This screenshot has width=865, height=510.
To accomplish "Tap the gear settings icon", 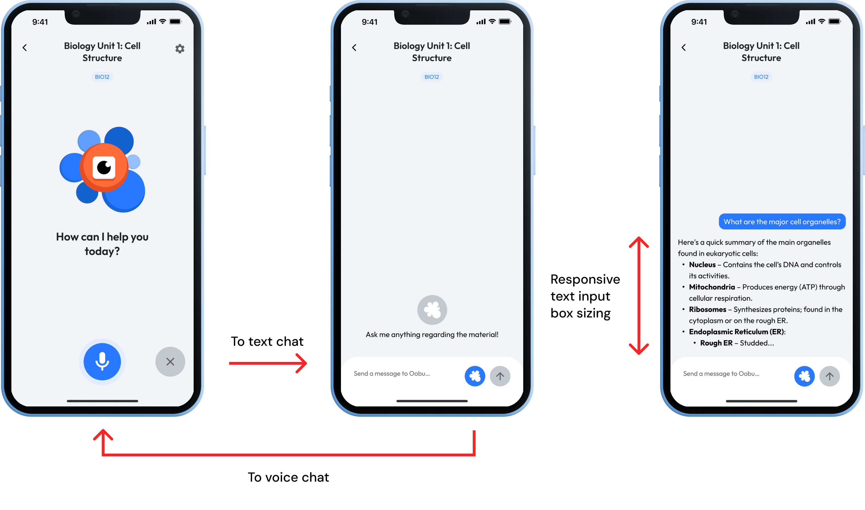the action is coord(180,49).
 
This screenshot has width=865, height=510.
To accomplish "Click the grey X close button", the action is coord(170,362).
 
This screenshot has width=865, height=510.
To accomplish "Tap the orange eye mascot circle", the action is coord(104,167).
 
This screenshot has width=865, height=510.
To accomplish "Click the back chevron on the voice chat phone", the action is coord(25,47).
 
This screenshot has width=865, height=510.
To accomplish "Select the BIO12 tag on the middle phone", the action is coord(432,77).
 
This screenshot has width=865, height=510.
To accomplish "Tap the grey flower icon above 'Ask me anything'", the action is coord(432,310).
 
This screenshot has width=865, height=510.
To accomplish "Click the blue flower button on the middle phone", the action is coord(475,376).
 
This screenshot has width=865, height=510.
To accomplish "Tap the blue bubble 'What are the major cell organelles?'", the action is coord(782,222).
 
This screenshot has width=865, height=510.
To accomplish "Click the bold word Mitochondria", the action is coord(712,287).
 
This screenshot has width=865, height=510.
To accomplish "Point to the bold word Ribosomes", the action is coord(708,309).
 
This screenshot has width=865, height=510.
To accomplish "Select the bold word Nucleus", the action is coord(702,265).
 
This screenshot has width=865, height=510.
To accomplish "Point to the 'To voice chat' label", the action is coord(288,477).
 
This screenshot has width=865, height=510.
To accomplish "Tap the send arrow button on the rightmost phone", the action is coord(830,376).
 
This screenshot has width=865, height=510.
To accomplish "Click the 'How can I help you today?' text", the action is coord(102,244).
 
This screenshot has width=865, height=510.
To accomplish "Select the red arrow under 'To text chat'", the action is coord(268,363).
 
